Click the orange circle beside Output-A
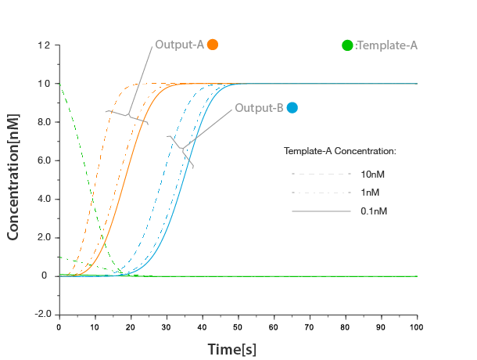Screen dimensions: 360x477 coord(212,45)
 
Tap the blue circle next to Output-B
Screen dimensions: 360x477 coord(292,108)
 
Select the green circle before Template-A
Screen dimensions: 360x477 coord(347,45)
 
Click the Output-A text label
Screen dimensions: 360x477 coord(179,45)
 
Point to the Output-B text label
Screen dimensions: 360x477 coord(259,108)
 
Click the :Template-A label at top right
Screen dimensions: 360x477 coord(386,45)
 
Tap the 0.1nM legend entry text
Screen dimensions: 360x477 coord(373,211)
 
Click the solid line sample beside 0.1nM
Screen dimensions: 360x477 coord(321,211)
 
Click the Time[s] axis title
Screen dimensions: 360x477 coord(231,349)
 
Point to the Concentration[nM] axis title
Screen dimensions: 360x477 coord(13,175)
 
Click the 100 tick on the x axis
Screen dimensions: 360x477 coord(417,326)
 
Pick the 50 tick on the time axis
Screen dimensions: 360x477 coord(238,326)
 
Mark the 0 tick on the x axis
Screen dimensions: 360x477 coord(59,326)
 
